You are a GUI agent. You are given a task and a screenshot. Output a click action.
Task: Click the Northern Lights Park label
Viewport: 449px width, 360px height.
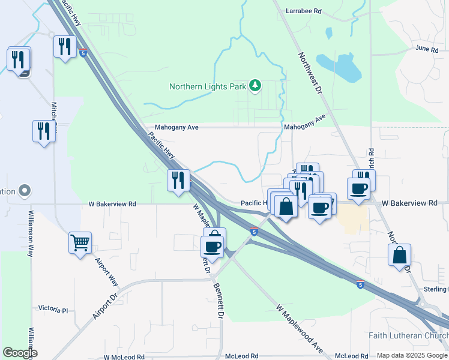208,86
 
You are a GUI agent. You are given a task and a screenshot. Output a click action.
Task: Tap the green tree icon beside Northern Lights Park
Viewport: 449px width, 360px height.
256,86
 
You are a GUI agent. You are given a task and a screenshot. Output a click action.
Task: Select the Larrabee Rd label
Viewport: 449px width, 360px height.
304,11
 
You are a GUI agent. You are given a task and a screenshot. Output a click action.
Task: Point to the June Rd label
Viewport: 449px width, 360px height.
427,49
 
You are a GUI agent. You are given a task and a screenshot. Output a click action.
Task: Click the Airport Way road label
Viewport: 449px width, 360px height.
106,273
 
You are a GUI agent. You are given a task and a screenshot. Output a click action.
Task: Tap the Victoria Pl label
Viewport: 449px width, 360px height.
53,310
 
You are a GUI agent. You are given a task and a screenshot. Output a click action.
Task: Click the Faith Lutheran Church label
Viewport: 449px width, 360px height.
414,335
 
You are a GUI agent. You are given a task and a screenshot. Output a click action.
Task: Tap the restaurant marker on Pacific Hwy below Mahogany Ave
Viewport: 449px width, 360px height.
178,180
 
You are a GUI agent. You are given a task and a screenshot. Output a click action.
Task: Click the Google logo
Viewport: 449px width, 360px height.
20,353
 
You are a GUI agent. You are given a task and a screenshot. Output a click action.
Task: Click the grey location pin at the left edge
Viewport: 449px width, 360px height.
24,191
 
